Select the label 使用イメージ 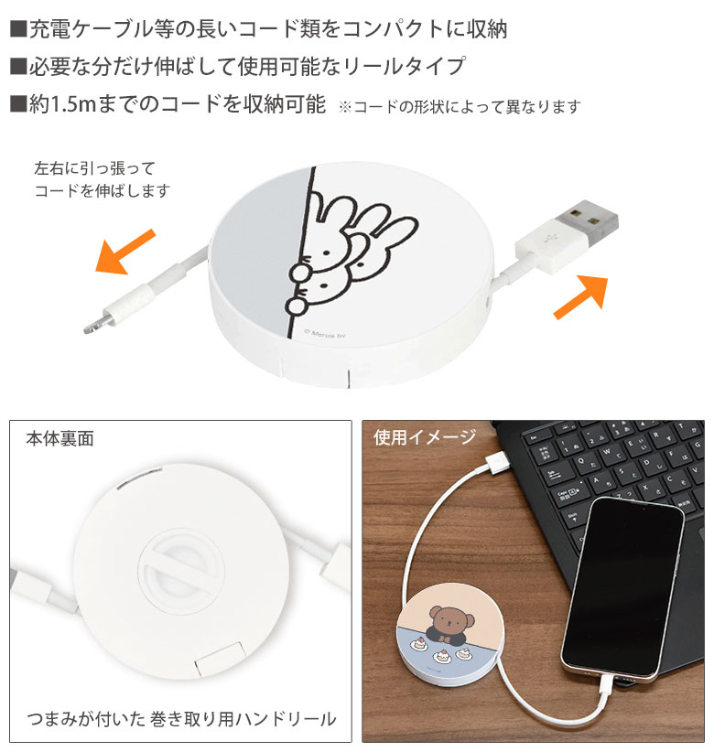pyautogui.click(x=424, y=437)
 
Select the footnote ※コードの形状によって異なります pyautogui.click(x=460, y=106)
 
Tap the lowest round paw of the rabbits pyautogui.click(x=295, y=304)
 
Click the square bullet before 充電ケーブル pyautogui.click(x=17, y=28)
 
